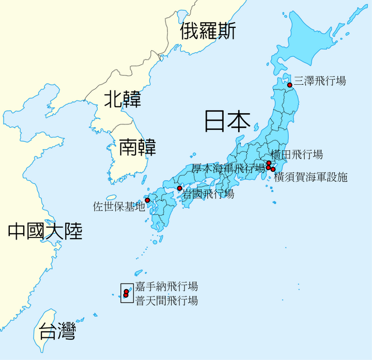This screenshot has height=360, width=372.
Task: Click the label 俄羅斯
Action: (208, 32)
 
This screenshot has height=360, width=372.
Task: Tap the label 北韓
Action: (122, 99)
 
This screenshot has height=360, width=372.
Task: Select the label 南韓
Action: (137, 147)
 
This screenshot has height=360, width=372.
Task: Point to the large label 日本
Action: (227, 120)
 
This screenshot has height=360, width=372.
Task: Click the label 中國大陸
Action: (45, 231)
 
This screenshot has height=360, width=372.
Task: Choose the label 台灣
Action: (57, 331)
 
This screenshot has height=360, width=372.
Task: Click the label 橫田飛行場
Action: (297, 154)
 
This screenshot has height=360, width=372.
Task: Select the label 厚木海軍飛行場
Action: (228, 168)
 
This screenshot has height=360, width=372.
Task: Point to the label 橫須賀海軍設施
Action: (311, 177)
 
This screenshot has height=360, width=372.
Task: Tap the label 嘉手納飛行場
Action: (166, 286)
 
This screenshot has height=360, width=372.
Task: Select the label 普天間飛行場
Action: (166, 301)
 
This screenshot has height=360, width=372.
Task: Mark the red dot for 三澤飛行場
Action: (290, 85)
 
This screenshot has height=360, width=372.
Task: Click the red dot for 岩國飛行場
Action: (179, 188)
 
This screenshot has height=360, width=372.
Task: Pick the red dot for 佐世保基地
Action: (147, 200)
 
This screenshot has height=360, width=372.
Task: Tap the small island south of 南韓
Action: (111, 198)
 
